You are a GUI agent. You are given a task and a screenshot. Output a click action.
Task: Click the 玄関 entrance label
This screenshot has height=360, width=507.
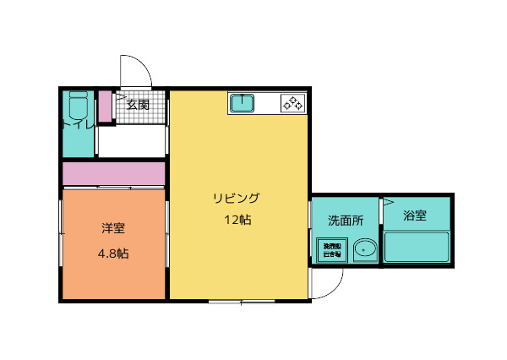click(138, 106)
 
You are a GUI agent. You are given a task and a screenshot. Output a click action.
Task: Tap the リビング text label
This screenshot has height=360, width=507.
click(236, 199)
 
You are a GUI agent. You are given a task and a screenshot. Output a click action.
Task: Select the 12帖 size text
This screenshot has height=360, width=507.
click(237, 221)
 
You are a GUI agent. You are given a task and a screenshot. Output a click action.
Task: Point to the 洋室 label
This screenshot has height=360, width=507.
click(113, 227)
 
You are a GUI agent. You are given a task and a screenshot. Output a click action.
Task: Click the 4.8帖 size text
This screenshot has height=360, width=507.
click(113, 253)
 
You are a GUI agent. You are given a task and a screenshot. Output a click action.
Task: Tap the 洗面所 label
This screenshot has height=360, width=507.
click(346, 221)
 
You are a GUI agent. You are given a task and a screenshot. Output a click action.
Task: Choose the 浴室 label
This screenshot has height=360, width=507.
click(414, 215)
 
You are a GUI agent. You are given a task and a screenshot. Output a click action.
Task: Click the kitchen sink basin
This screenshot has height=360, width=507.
click(243, 104)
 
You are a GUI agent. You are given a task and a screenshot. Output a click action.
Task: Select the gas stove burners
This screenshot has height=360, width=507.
click(292, 104)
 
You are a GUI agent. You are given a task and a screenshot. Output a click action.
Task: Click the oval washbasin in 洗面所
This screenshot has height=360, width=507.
click(364, 249)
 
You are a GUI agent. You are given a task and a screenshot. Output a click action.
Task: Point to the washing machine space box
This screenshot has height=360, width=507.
click(330, 250)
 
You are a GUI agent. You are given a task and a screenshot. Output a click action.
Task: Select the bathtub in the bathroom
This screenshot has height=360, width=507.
click(417, 248)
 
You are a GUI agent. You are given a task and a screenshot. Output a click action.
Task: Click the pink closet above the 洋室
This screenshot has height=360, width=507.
click(113, 173)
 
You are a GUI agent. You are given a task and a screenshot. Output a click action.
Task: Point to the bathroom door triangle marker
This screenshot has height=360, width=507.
click(388, 203)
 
